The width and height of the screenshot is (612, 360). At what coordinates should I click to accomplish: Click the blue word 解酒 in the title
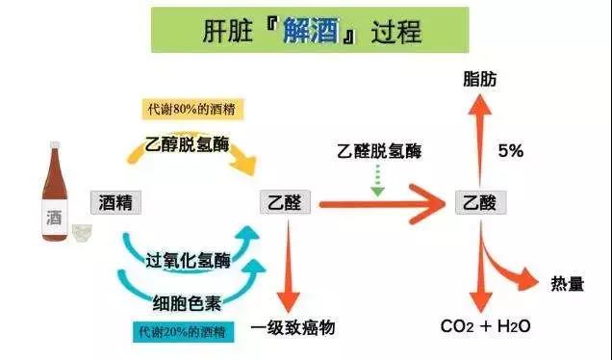pyautogui.click(x=311, y=30)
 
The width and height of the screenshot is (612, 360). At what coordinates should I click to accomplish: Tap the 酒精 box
pyautogui.click(x=115, y=203)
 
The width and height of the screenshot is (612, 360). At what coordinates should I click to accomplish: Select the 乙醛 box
pyautogui.click(x=285, y=202)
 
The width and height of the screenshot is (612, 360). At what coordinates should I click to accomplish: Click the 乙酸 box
pyautogui.click(x=480, y=203)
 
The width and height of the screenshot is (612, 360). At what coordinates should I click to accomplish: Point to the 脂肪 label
pyautogui.click(x=480, y=79)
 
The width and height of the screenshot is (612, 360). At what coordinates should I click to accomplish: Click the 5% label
pyautogui.click(x=511, y=151)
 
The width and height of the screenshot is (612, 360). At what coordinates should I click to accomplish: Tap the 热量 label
pyautogui.click(x=567, y=284)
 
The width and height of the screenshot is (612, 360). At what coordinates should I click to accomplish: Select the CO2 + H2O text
pyautogui.click(x=485, y=326)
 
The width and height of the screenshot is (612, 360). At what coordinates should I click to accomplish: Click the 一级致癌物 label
pyautogui.click(x=293, y=327)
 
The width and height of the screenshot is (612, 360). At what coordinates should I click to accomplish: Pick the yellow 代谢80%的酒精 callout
pyautogui.click(x=192, y=109)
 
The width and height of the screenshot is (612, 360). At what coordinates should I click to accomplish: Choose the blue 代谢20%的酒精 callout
pyautogui.click(x=183, y=332)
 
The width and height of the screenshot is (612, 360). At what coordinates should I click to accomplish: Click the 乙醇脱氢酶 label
pyautogui.click(x=187, y=144)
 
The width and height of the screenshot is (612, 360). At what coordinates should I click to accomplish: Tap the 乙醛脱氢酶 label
pyautogui.click(x=379, y=151)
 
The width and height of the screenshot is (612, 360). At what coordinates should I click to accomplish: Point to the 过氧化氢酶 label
pyautogui.click(x=188, y=261)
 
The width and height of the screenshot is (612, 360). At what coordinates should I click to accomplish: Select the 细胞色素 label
pyautogui.click(x=187, y=303)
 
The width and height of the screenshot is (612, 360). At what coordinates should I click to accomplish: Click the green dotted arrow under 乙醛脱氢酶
pyautogui.click(x=377, y=180)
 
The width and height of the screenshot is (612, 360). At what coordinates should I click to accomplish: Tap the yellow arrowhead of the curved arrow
pyautogui.click(x=243, y=163)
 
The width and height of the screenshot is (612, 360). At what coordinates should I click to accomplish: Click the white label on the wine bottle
pyautogui.click(x=55, y=218)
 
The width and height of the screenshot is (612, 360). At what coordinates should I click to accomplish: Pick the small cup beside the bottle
pyautogui.click(x=83, y=233)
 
